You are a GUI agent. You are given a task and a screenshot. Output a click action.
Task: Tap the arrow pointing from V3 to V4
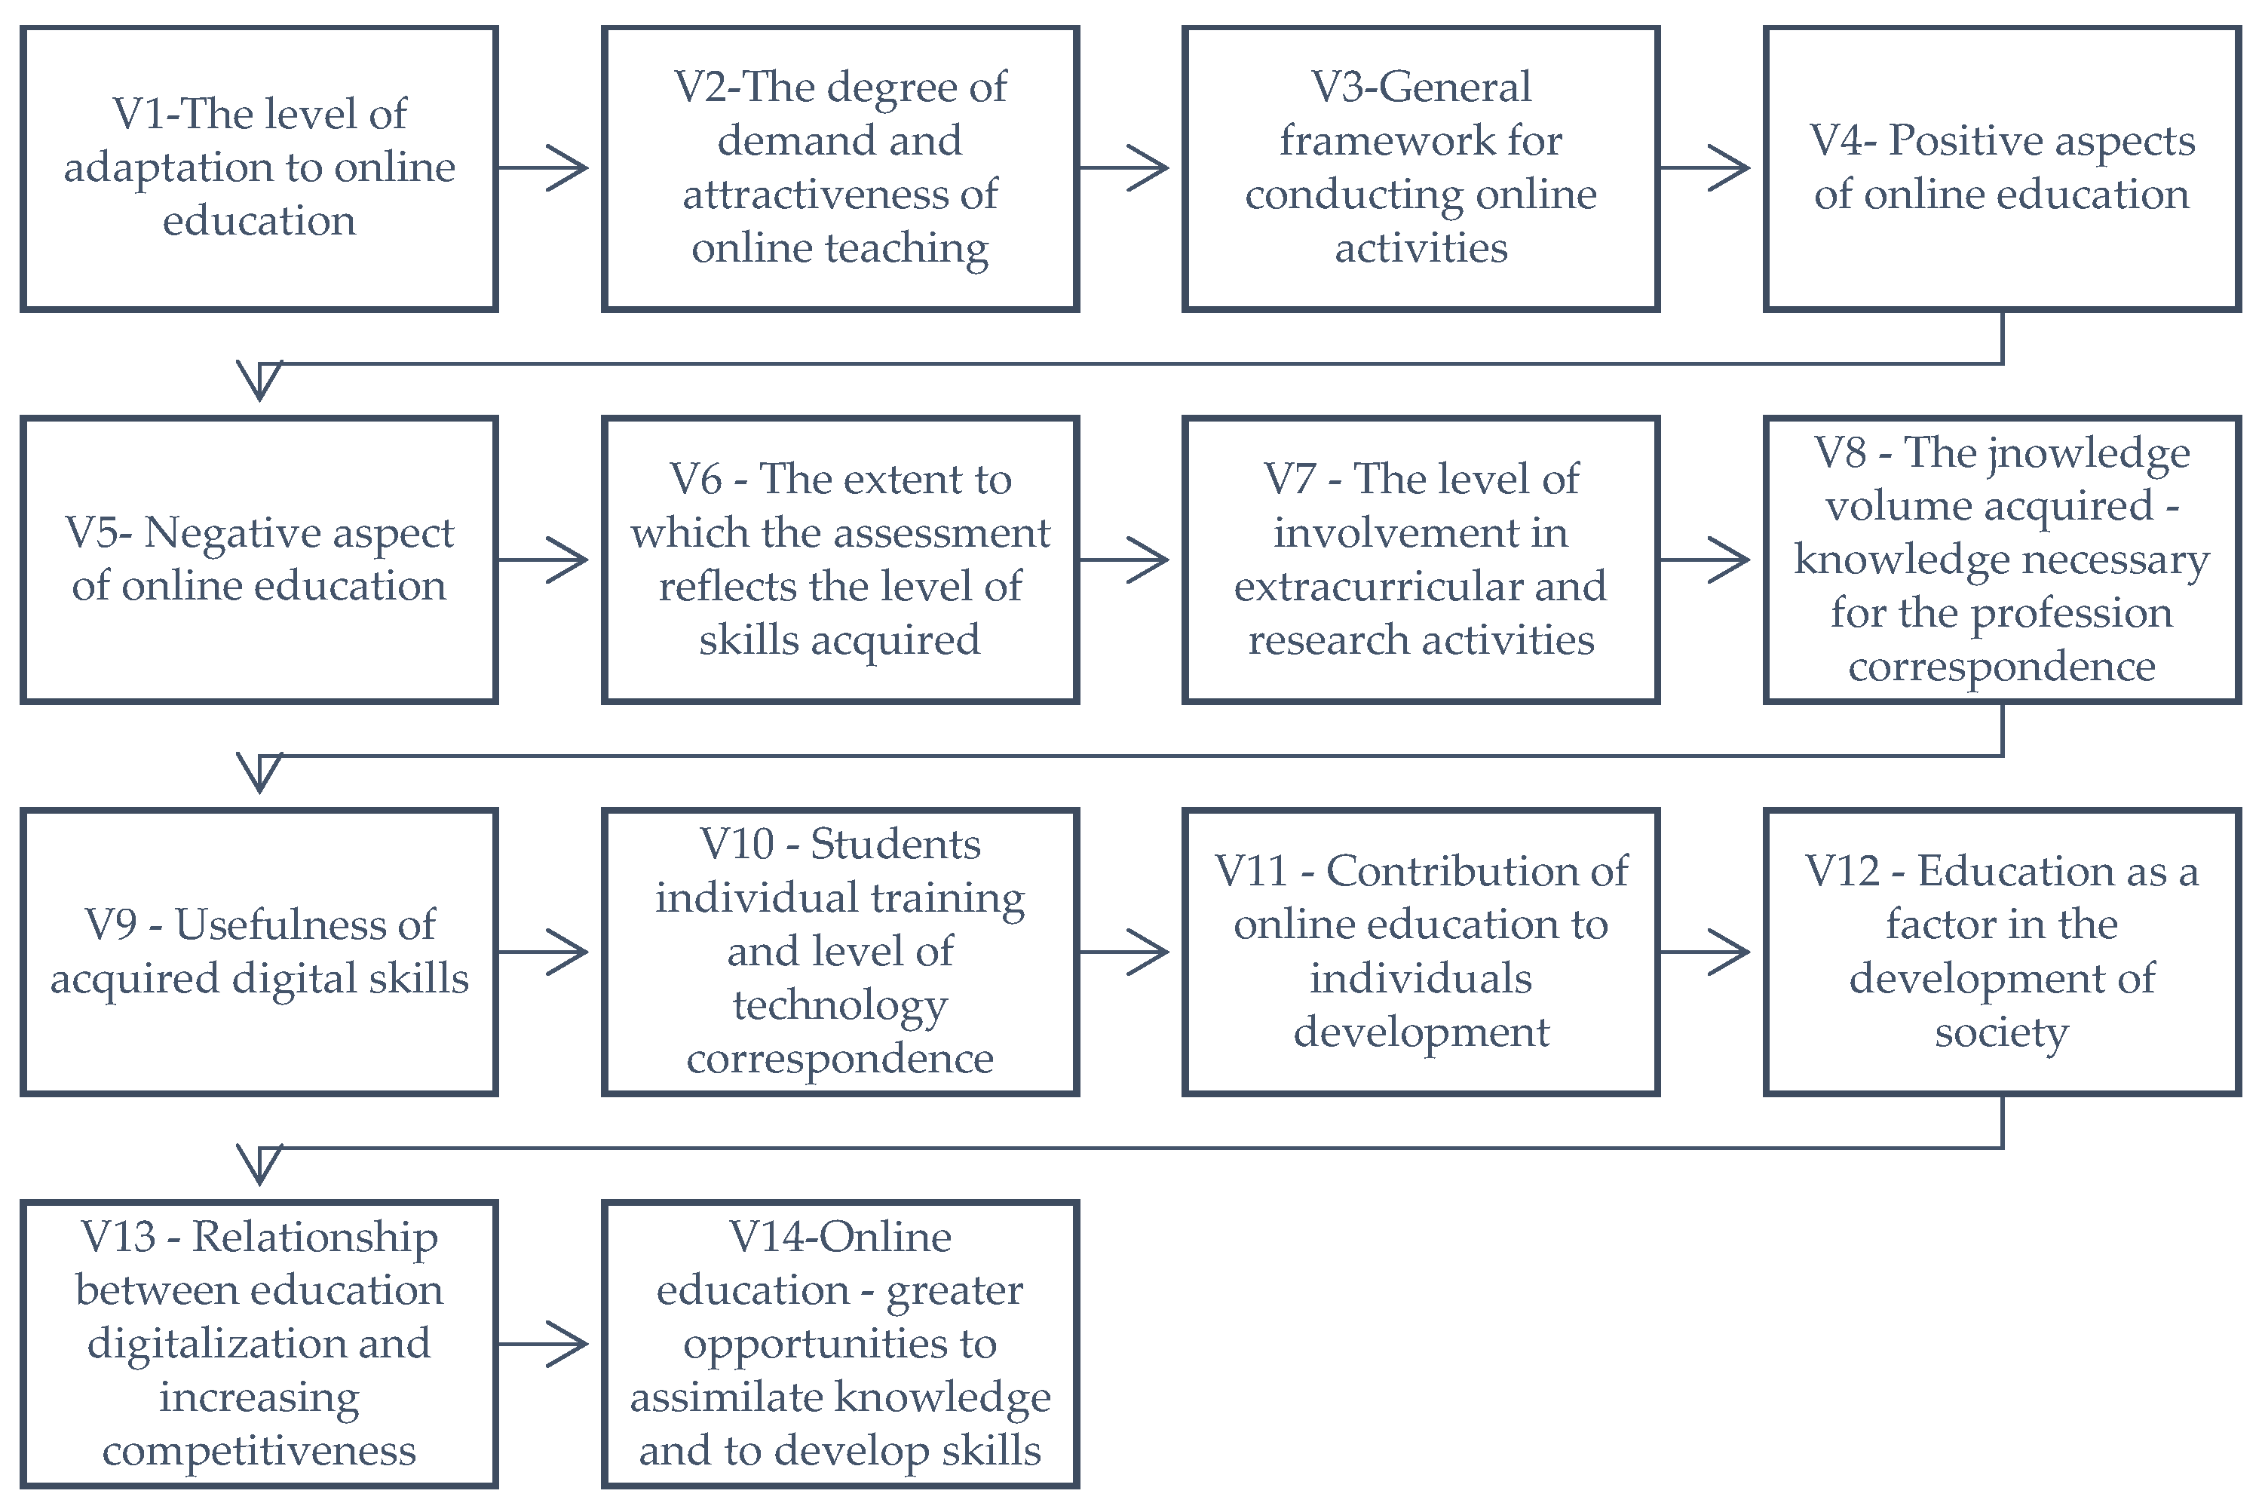[1706, 168]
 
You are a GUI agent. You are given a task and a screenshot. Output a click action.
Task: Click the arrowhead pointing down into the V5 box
[260, 380]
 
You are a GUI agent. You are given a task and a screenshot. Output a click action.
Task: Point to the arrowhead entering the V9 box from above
[260, 771]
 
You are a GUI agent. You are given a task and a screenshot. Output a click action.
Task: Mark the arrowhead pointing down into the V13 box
[260, 1164]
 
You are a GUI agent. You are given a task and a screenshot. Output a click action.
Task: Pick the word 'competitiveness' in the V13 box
[260, 1451]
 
